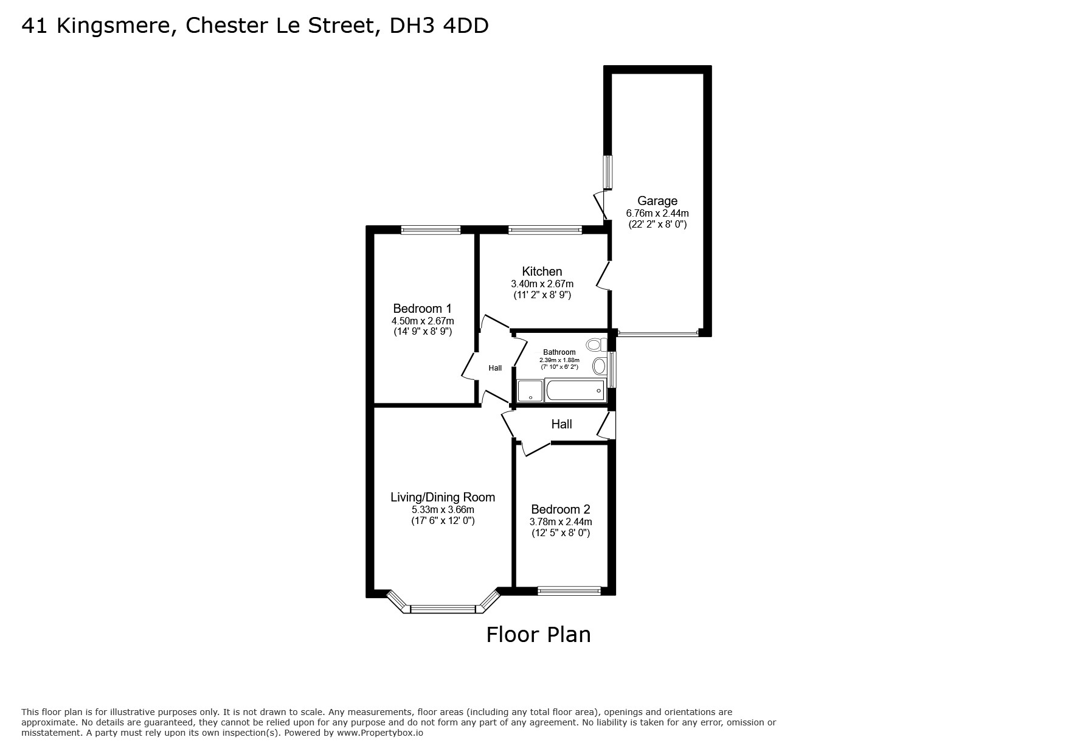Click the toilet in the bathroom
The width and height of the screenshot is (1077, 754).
point(595,345)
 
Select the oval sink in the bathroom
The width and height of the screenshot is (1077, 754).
point(599,366)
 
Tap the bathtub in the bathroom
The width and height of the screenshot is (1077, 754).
point(575,390)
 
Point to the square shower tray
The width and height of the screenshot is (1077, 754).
point(530,391)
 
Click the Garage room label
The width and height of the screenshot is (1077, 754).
point(657,201)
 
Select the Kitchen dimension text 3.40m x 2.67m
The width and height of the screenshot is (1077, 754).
point(542,284)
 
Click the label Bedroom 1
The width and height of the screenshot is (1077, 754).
point(422,309)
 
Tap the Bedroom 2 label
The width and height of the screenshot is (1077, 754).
point(560,509)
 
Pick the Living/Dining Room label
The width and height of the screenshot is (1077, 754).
point(443,497)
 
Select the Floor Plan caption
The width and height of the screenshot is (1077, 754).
point(538,634)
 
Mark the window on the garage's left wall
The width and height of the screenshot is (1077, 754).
point(608,172)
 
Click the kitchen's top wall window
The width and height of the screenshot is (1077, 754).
point(545,230)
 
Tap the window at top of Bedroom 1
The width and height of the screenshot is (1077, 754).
point(431,230)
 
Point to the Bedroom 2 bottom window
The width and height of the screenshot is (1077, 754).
point(569,590)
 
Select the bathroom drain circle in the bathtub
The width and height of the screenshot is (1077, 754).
point(599,390)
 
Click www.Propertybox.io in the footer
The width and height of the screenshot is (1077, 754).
point(379,733)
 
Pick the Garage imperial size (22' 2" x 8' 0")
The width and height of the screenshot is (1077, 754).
point(657,224)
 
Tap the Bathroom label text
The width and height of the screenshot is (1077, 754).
point(559,352)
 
